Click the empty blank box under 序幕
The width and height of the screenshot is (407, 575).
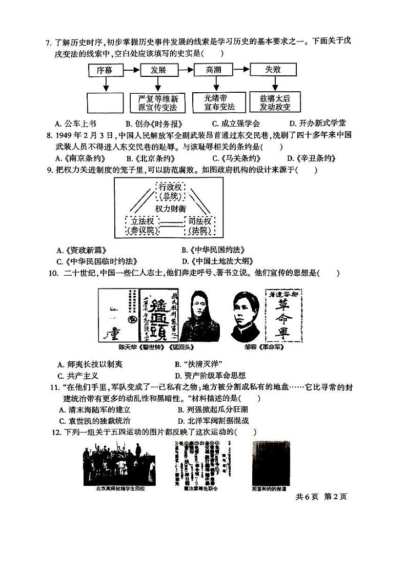click(x=105, y=102)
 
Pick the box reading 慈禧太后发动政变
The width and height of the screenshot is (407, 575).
click(x=275, y=102)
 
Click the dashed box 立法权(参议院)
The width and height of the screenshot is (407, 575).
click(x=143, y=225)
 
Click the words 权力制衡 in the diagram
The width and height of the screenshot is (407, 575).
click(x=172, y=209)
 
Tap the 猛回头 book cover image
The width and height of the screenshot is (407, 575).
click(x=155, y=315)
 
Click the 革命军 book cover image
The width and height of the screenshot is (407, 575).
click(x=282, y=314)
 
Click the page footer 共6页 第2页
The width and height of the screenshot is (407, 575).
click(x=321, y=496)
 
